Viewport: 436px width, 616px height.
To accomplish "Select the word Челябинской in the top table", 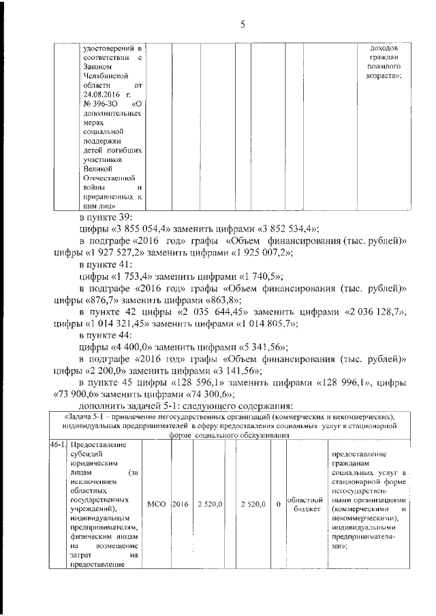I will (x=104, y=77).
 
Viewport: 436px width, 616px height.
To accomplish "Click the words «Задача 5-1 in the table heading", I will (x=86, y=416).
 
